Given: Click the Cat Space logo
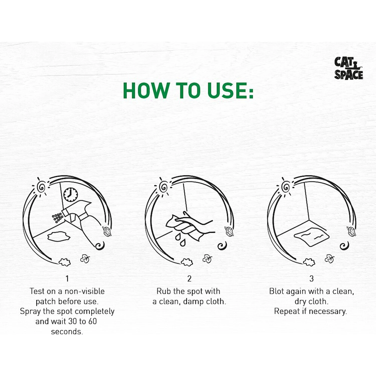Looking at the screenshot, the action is point(349,68).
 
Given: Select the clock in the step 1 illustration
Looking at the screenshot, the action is point(70,195).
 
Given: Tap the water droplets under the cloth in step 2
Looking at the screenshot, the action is point(180,240).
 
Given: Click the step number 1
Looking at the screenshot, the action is point(67,278).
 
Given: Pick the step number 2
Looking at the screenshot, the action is point(189,278).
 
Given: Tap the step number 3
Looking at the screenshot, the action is point(311,278).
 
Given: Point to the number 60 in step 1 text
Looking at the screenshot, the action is point(92,321).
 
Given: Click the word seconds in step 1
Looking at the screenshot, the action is point(67,332).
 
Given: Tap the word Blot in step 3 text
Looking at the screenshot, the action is point(276,291).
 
